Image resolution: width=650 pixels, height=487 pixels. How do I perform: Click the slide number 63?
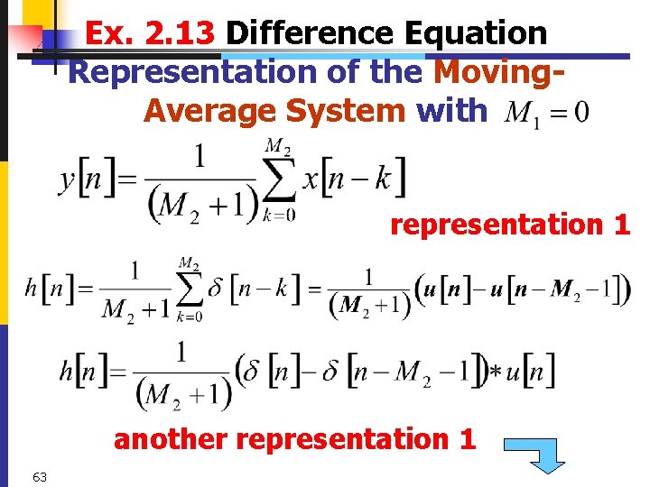39,476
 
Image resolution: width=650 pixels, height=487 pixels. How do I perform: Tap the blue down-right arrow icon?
534,454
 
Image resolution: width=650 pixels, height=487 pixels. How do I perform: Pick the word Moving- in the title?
500,71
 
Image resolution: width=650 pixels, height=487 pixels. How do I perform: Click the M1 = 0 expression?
547,113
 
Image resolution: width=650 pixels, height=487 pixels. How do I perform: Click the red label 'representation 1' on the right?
510,225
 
